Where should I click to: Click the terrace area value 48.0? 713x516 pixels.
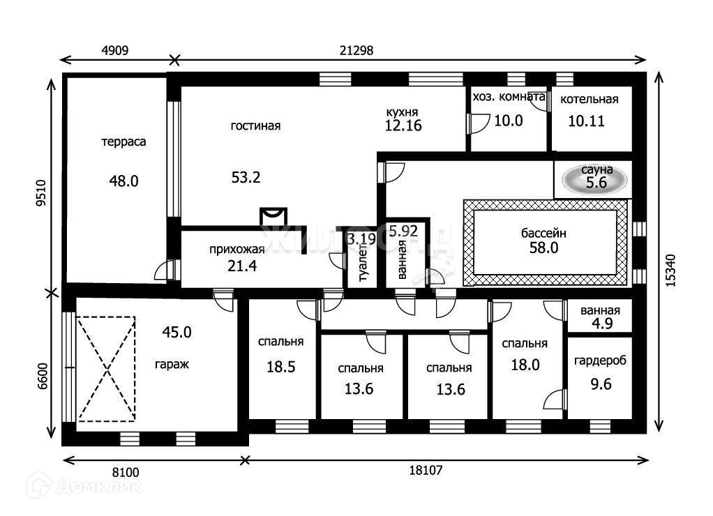tap(123, 181)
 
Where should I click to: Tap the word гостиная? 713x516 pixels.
tap(255, 126)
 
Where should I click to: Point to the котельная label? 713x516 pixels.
tap(589, 99)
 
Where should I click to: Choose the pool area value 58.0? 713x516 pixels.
tap(543, 248)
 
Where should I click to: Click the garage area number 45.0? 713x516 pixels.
tap(177, 332)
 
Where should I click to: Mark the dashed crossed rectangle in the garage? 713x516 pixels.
tap(105, 368)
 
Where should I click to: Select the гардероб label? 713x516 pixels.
tap(600, 361)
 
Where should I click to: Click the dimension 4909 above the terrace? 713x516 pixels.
tap(116, 50)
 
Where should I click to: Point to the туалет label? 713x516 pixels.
tap(363, 263)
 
